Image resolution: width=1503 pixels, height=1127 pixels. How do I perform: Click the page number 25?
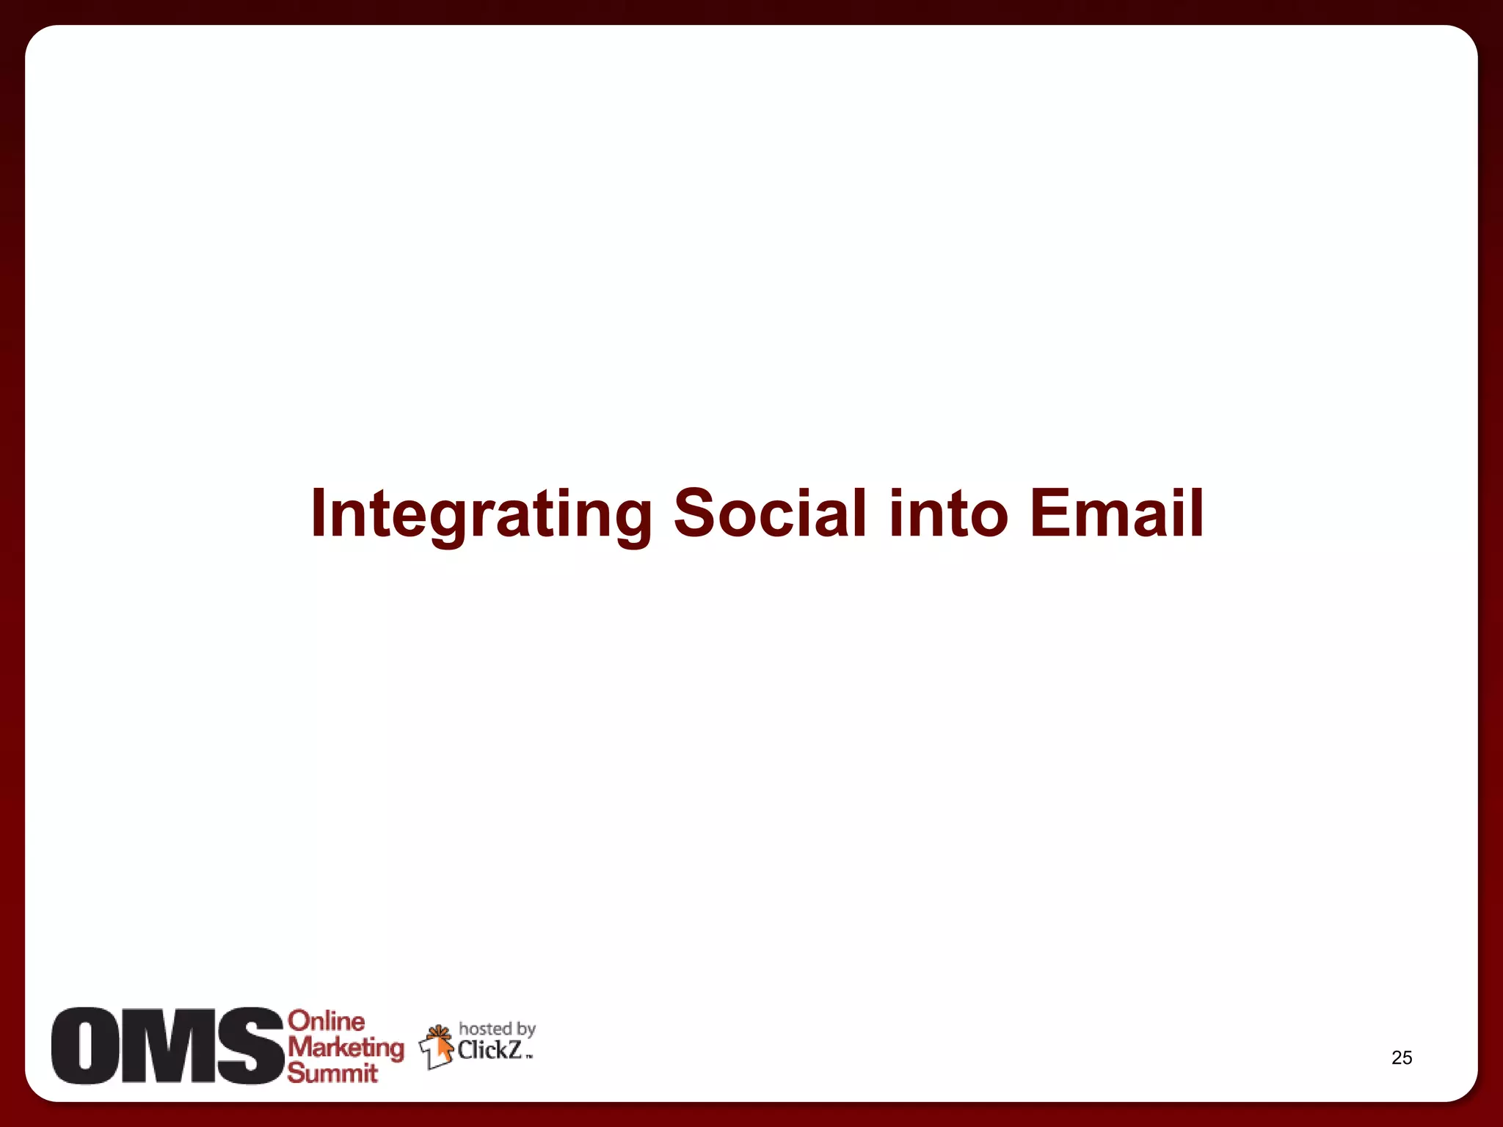coord(1401,1057)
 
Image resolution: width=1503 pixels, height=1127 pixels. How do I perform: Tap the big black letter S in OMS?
coord(250,1046)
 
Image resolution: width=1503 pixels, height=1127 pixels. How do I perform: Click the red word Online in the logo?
coord(326,1021)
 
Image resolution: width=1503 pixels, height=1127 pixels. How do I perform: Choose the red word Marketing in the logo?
coord(345,1048)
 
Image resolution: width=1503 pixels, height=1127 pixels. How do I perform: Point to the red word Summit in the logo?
coord(332,1073)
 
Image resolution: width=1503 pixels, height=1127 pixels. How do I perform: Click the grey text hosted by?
coord(497,1029)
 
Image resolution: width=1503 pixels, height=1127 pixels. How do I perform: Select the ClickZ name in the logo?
coord(490,1051)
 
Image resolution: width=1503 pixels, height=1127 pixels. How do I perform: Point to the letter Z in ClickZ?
coord(514,1051)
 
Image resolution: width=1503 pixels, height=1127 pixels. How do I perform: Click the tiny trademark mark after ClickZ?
coord(529,1057)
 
